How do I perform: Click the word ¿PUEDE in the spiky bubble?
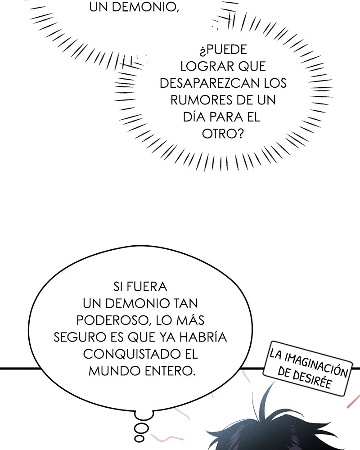223,49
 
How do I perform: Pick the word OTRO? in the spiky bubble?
223,134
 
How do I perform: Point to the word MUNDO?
114,371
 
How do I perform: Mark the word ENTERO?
170,371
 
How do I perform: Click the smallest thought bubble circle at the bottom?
139,439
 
